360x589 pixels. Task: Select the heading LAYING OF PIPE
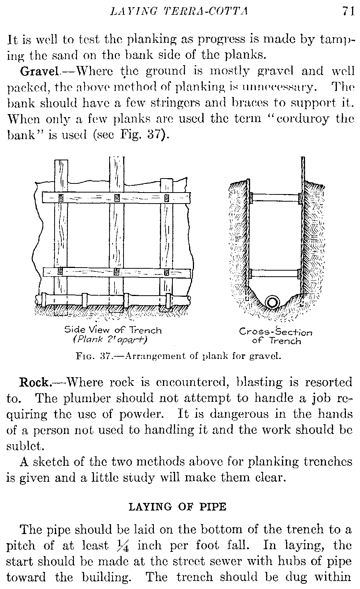(x=178, y=506)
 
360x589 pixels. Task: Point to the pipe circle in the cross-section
(x=273, y=302)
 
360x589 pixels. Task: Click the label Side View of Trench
(x=113, y=330)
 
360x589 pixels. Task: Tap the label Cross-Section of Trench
(x=275, y=336)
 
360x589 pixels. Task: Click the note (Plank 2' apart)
(x=110, y=339)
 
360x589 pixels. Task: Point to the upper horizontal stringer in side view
(x=116, y=198)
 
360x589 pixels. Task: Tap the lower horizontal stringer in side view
(x=116, y=272)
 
